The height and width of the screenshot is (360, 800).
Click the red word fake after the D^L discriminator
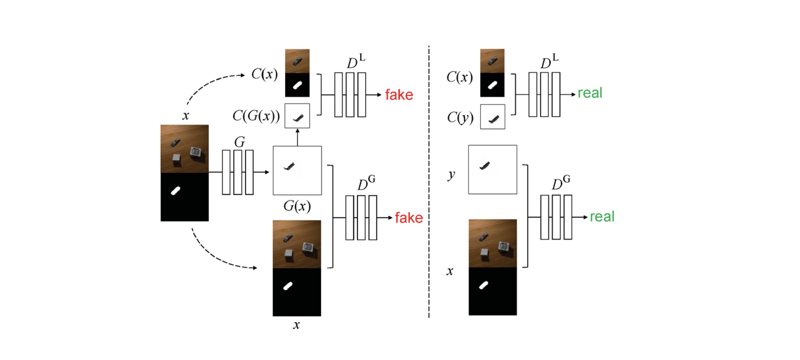(x=399, y=95)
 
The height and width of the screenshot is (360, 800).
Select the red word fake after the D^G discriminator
(x=409, y=218)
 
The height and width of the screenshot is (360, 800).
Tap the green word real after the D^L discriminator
(x=590, y=93)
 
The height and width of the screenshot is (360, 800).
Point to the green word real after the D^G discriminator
(x=602, y=217)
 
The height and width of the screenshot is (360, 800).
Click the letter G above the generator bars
(x=239, y=142)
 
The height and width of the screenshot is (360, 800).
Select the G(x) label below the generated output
(x=297, y=206)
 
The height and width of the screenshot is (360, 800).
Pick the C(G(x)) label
(x=256, y=116)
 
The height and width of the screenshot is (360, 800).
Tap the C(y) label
(x=460, y=118)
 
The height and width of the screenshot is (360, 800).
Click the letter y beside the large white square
(x=451, y=175)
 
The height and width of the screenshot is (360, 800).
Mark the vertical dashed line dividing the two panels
(x=429, y=181)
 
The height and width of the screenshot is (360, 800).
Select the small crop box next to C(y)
(x=492, y=117)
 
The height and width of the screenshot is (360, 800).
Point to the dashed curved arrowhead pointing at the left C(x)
(x=243, y=75)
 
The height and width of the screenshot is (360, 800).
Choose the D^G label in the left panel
(x=366, y=183)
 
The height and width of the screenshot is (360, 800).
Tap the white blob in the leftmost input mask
(x=176, y=191)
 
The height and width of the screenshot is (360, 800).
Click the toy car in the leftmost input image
(x=175, y=143)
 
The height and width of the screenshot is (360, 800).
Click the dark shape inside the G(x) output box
(x=289, y=166)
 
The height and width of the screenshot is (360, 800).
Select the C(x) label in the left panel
(x=264, y=74)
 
